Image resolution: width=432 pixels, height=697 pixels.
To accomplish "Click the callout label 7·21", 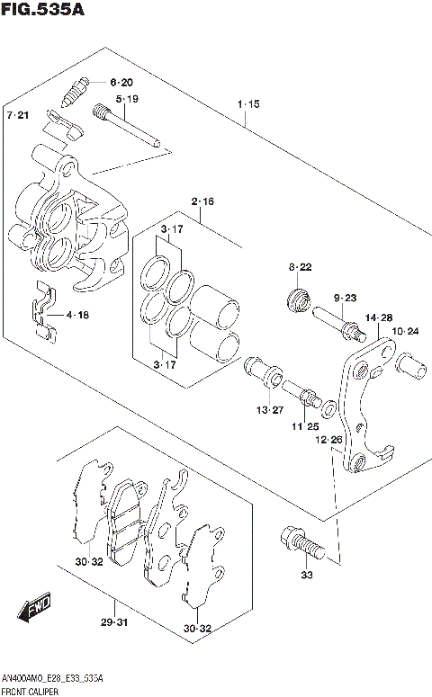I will [18, 116].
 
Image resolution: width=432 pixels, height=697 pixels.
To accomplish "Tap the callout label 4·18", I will [76, 316].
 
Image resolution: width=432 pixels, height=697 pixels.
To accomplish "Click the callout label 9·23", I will [346, 299].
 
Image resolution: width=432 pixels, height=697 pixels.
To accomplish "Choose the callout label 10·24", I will [406, 332].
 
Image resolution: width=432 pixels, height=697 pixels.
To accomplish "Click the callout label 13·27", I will [267, 410].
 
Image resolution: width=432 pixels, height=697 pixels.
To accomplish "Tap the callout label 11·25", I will [306, 426].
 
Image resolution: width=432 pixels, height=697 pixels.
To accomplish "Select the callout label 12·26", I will [328, 440].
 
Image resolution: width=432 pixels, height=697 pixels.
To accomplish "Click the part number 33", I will [307, 576].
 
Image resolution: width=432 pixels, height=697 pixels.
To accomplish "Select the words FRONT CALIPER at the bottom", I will [33, 689].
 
